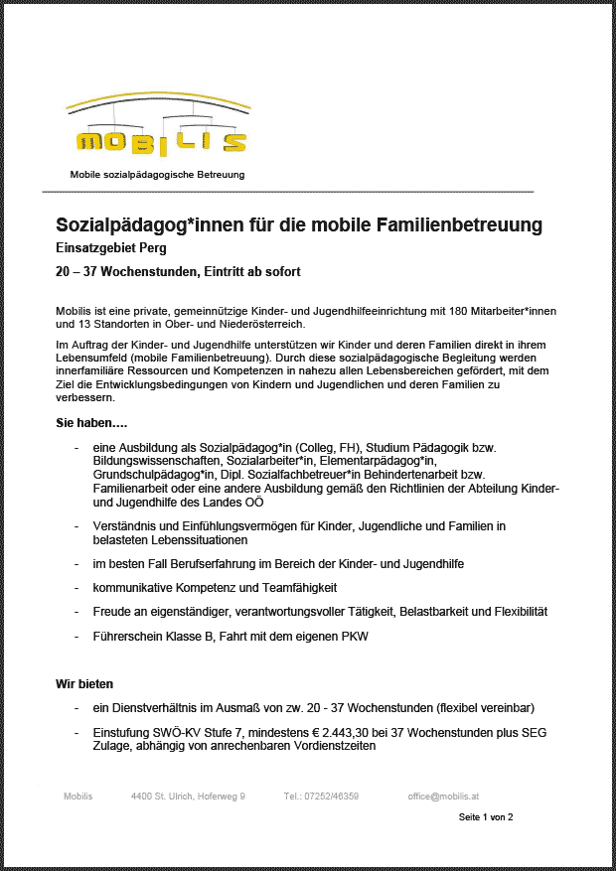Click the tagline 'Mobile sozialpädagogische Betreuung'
click(x=157, y=174)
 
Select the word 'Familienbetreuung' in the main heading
click(x=459, y=224)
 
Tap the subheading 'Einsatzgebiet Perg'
click(x=110, y=248)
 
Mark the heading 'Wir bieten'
click(x=84, y=684)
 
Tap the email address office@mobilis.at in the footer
click(x=443, y=797)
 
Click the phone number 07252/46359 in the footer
click(x=321, y=797)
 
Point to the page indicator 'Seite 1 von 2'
click(x=485, y=817)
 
